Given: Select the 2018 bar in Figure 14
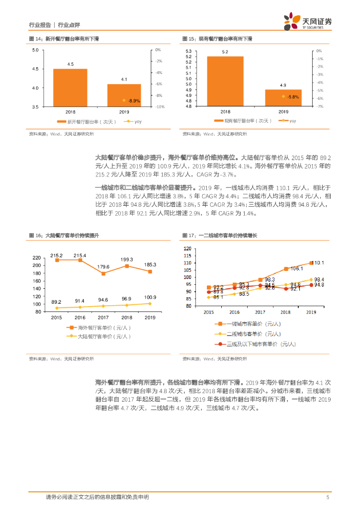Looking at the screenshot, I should (x=70, y=87).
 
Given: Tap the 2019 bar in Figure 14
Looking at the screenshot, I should (x=124, y=95).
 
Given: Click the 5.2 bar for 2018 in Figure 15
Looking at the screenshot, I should (x=225, y=81).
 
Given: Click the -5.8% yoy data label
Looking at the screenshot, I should (x=292, y=97).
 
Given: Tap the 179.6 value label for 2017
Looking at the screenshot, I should (x=103, y=267).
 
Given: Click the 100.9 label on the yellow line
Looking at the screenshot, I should (x=150, y=297).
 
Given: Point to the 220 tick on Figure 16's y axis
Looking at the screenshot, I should (x=36, y=258).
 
